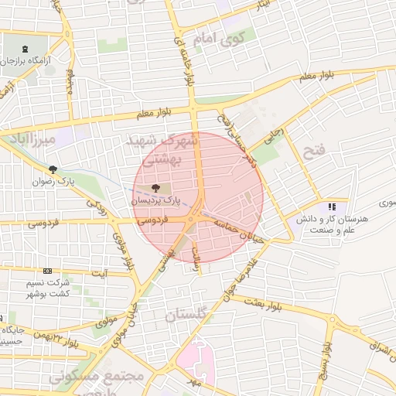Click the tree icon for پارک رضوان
tap(53, 169)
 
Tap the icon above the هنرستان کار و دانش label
tap(332, 207)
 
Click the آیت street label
tap(100, 274)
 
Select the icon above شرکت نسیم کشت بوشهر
tap(48, 271)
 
